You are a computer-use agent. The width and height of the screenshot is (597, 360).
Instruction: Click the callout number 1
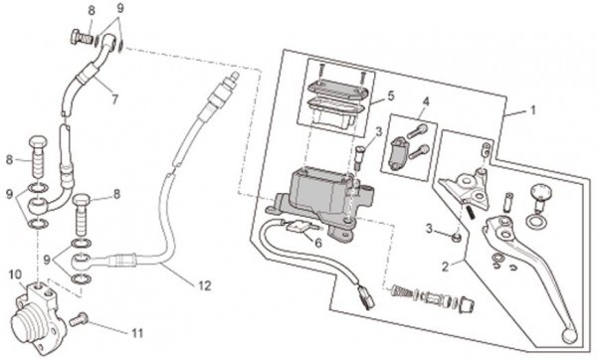[x=533, y=110]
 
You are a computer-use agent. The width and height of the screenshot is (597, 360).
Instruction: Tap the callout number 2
[x=446, y=267]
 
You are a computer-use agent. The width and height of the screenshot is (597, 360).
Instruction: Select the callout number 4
[x=426, y=101]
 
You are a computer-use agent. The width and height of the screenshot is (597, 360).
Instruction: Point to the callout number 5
[x=391, y=95]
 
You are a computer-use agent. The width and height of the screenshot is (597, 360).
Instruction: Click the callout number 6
[x=318, y=243]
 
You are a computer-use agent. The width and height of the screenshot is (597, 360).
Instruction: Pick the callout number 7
[x=114, y=99]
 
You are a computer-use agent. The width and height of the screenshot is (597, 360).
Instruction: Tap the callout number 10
[x=16, y=274]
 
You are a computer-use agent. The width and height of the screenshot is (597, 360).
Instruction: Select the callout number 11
[x=137, y=333]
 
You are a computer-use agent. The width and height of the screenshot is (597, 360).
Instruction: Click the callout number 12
[x=204, y=285]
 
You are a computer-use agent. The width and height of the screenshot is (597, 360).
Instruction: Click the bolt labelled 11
[x=79, y=319]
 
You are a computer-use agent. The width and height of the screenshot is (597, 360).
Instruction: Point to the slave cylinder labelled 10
[x=35, y=319]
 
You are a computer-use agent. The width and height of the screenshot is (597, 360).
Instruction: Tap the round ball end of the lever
[x=569, y=335]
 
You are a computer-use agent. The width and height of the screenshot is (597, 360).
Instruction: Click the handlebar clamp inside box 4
[x=398, y=153]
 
